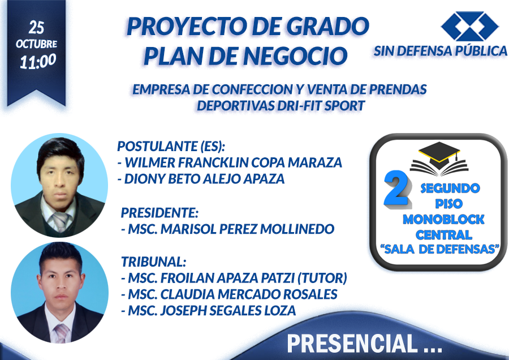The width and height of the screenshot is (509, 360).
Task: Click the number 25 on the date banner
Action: coord(36,28)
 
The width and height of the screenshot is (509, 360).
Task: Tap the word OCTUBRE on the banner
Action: coord(36,44)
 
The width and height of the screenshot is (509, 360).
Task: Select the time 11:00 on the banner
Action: coord(38,61)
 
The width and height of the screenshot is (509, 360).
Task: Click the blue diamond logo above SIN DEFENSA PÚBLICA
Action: coord(470,26)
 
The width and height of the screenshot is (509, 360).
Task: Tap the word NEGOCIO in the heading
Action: coord(295,56)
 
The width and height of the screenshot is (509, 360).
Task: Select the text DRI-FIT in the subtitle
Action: coord(299,106)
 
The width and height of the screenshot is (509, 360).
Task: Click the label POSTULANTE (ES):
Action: coord(171,146)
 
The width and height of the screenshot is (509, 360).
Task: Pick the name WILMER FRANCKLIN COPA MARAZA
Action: coord(234,162)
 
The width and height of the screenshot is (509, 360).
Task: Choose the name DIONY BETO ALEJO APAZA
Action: coord(205,179)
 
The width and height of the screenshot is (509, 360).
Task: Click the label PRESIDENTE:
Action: coord(159,213)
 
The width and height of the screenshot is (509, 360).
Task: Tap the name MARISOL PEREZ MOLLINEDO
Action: coord(247,229)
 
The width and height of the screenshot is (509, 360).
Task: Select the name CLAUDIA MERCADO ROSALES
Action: coord(249,294)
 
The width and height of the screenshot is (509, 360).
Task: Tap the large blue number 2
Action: coord(396,189)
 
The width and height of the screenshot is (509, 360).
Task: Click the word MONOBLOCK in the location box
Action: coord(443,219)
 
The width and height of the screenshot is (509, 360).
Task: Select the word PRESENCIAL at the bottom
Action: coord(352,343)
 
